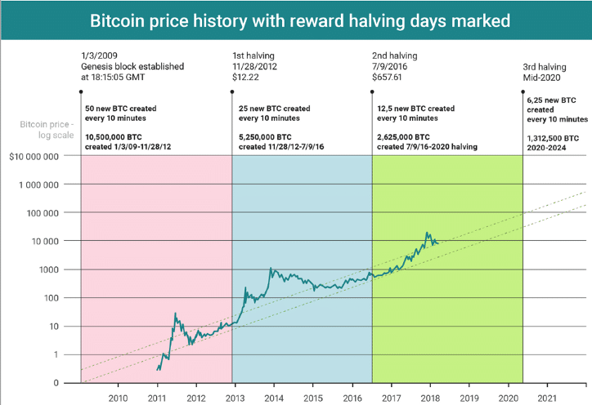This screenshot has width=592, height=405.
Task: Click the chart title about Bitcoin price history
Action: click(296, 20)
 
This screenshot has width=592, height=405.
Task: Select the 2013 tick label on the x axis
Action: click(235, 397)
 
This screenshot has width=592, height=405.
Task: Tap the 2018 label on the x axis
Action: click(429, 397)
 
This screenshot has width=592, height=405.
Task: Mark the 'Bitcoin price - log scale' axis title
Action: click(44, 130)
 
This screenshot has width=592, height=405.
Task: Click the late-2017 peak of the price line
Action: click(427, 233)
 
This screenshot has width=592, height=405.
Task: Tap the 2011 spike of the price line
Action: click(175, 313)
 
